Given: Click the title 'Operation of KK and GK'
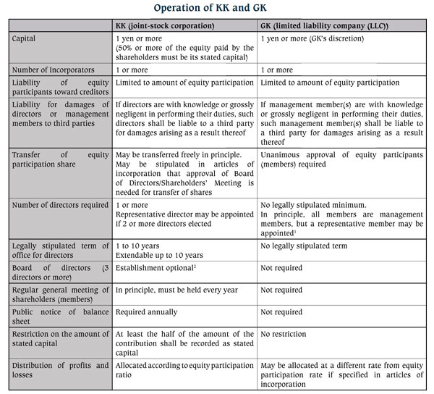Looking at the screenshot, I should point(217,9).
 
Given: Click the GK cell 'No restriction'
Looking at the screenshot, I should point(284,335).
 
